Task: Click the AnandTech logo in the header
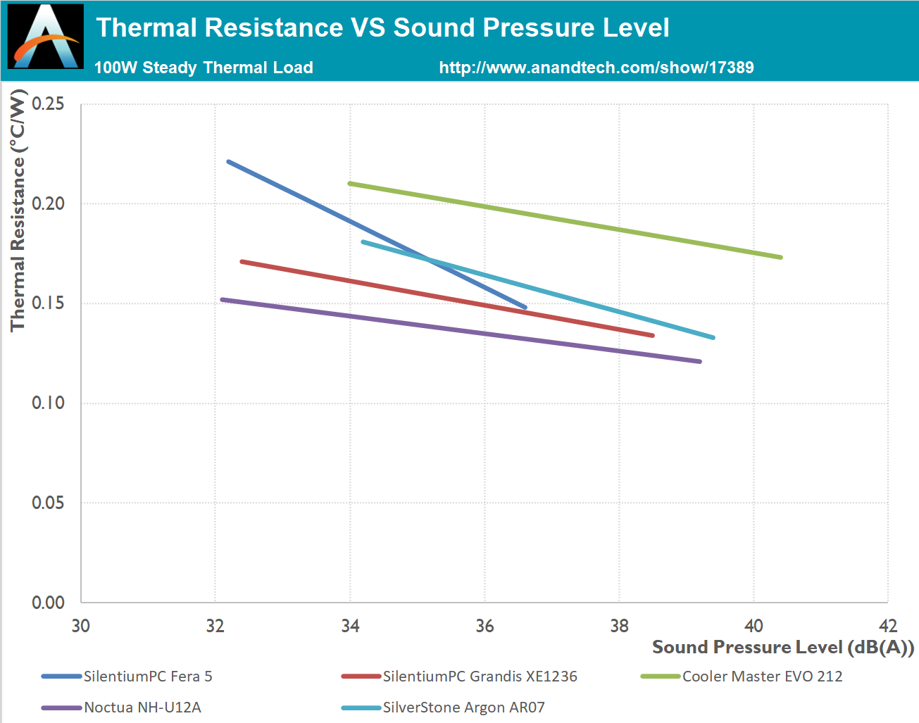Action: point(46,37)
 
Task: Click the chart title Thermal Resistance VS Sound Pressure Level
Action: point(382,28)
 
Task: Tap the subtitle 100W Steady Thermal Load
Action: point(204,68)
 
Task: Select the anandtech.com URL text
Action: point(596,68)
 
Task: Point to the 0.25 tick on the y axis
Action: point(48,104)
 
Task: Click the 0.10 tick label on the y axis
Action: point(48,403)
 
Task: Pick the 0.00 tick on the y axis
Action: point(48,603)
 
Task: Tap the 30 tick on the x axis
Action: point(81,626)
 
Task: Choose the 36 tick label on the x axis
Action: point(484,626)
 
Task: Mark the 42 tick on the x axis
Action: point(888,626)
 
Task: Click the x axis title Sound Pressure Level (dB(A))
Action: point(782,648)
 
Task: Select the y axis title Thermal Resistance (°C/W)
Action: point(18,210)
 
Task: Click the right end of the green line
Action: point(781,257)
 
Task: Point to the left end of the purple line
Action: point(223,300)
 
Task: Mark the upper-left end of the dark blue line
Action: point(228,162)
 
